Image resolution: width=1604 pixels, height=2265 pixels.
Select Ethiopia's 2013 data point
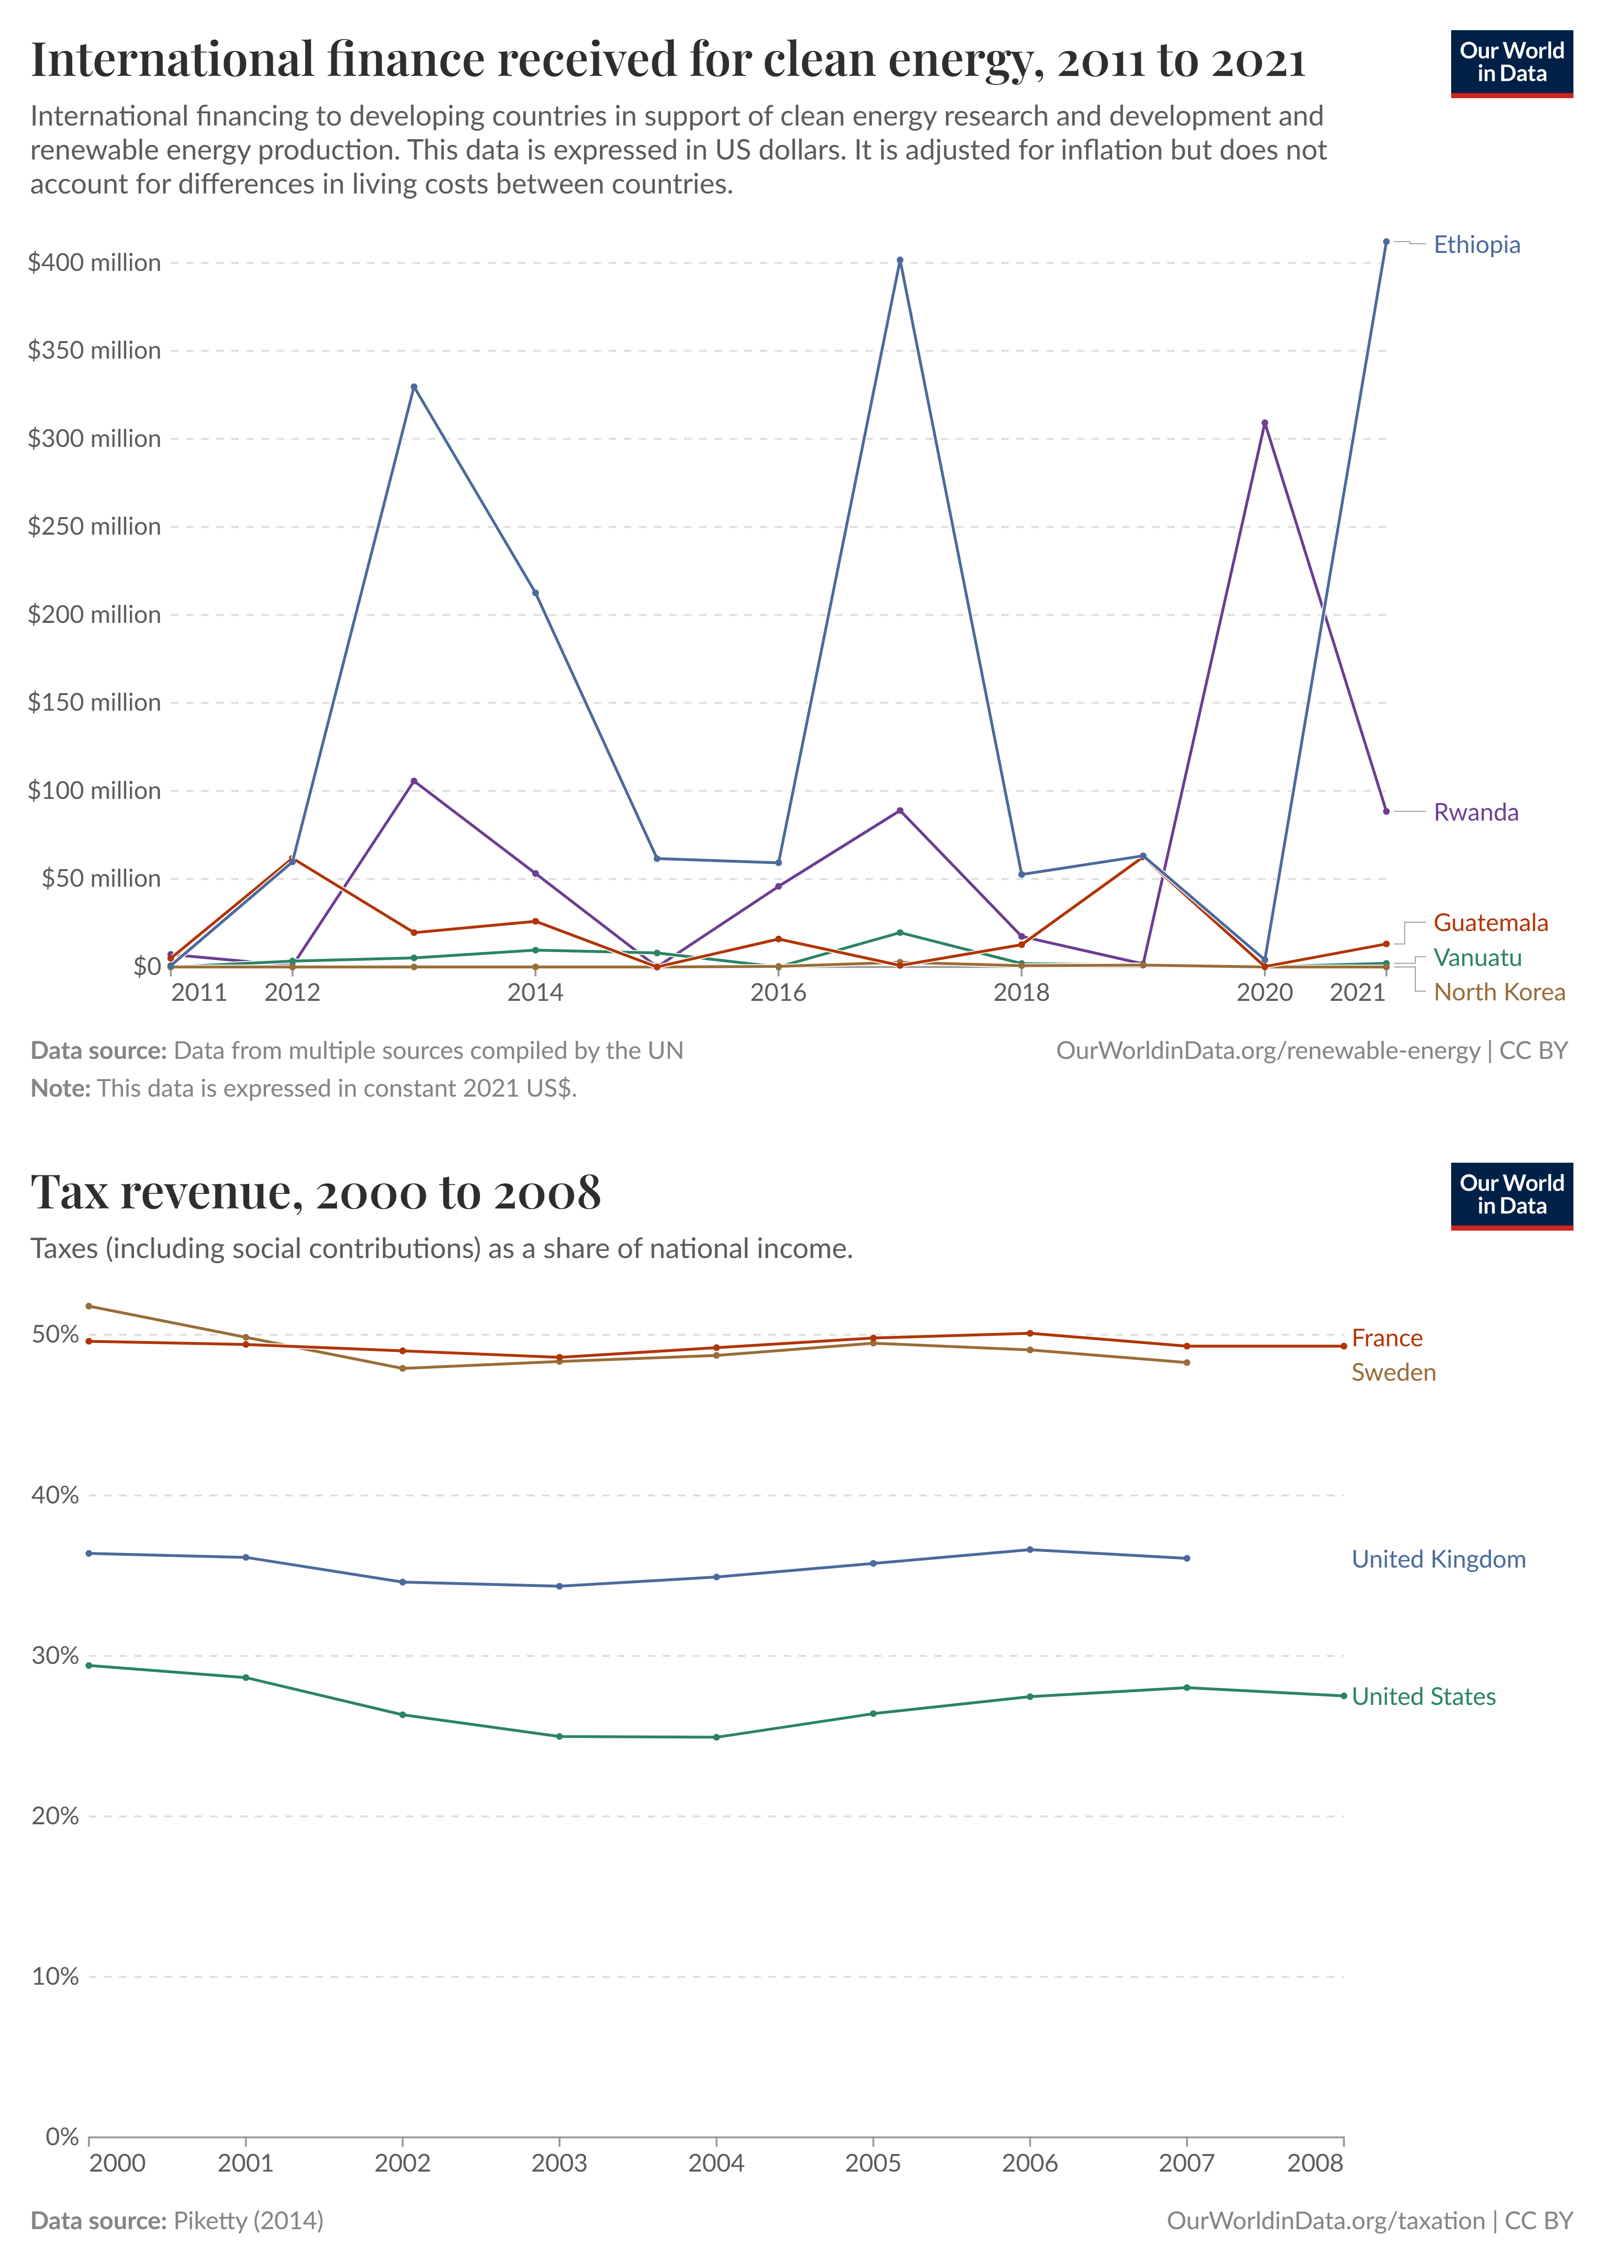tap(414, 387)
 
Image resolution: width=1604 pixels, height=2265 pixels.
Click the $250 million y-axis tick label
tap(94, 527)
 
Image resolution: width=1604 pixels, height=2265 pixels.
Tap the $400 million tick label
tap(94, 263)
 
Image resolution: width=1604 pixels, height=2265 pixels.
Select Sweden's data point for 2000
tap(89, 1306)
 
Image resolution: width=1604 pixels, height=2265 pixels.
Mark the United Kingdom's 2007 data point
tap(1186, 1559)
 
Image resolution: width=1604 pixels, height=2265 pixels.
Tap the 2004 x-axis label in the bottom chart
tap(716, 2163)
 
